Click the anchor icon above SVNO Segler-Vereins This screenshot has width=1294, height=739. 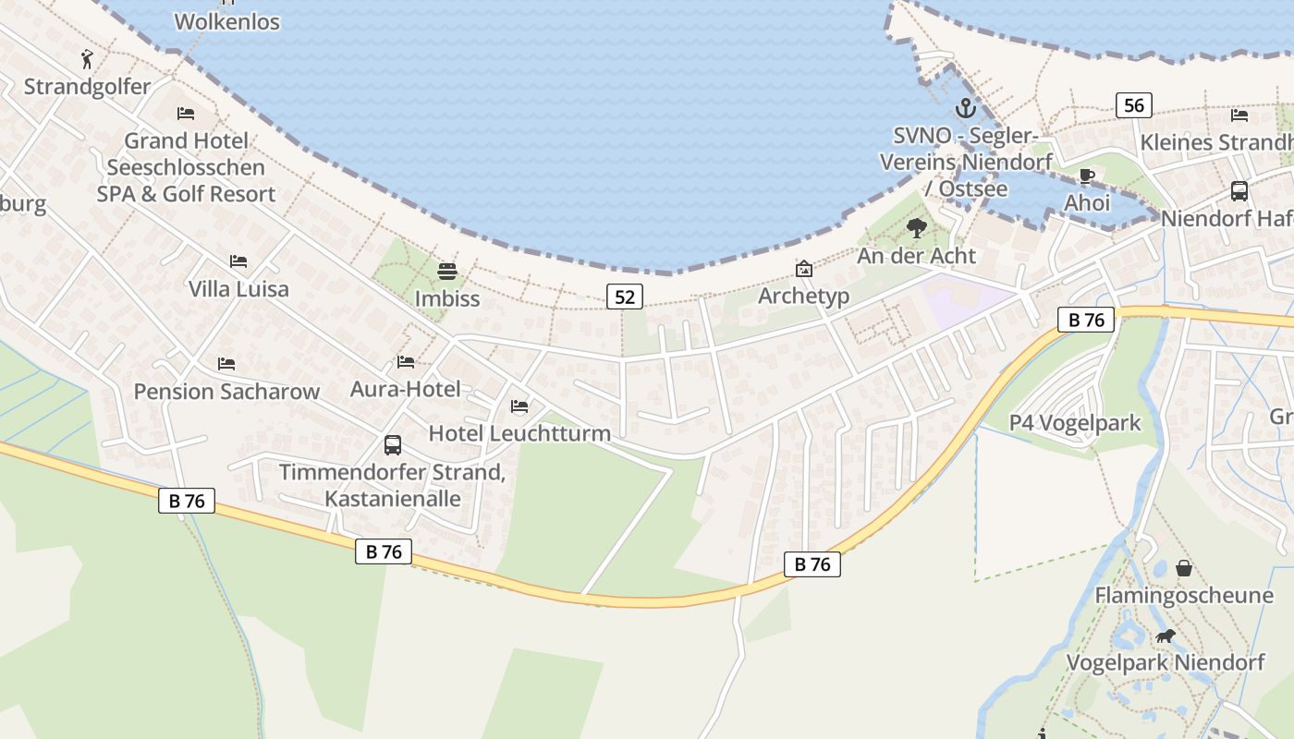[x=965, y=108]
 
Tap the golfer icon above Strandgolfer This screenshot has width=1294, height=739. [x=87, y=59]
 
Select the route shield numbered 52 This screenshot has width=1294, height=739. [x=625, y=297]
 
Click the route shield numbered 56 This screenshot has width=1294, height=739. [x=1133, y=105]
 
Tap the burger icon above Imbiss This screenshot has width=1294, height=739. [x=447, y=272]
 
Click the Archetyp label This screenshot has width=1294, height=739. [x=803, y=296]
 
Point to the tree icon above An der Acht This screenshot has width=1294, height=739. [x=916, y=227]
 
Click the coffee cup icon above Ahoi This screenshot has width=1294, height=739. [x=1087, y=176]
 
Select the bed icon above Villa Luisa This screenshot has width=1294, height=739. [x=238, y=261]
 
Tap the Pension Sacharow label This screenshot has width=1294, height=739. [x=226, y=391]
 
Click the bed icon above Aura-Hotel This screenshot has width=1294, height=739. [x=405, y=362]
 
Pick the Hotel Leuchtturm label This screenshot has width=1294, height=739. [x=519, y=433]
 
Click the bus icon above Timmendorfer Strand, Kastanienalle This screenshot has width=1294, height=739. [x=392, y=445]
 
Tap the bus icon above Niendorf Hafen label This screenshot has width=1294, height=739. [x=1239, y=191]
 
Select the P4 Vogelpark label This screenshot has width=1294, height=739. [x=1075, y=423]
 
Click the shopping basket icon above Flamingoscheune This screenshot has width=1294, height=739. [x=1183, y=568]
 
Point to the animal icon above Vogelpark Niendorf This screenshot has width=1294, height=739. [x=1166, y=636]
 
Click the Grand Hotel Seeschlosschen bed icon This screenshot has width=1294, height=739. [x=186, y=114]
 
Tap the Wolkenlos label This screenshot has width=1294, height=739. [x=226, y=21]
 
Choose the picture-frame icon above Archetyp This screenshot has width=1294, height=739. [x=804, y=269]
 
